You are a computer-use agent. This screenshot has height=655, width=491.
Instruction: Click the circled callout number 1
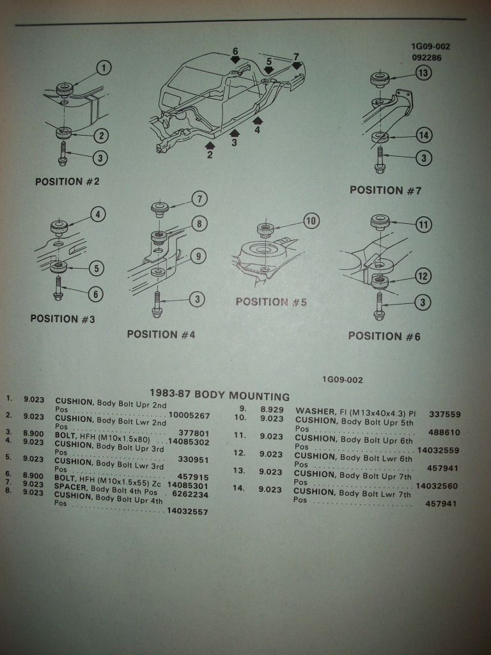[x=104, y=68]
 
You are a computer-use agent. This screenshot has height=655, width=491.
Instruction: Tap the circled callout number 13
[x=423, y=73]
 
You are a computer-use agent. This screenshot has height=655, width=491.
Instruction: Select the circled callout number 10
[x=311, y=221]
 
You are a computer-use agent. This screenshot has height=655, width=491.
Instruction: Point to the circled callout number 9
[x=198, y=256]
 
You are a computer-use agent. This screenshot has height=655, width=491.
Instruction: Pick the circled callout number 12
[x=423, y=276]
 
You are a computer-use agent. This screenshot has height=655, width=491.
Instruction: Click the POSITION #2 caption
[x=67, y=182]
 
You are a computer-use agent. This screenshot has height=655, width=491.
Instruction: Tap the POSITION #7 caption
[x=386, y=190]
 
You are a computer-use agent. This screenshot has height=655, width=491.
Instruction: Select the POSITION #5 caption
[x=271, y=302]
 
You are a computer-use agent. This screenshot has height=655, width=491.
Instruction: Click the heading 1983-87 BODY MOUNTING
[x=219, y=396]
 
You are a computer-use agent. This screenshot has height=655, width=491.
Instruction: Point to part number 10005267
[x=189, y=416]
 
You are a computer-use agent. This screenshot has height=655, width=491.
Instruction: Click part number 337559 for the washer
[x=443, y=414]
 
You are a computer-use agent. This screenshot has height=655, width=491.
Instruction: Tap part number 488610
[x=444, y=432]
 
